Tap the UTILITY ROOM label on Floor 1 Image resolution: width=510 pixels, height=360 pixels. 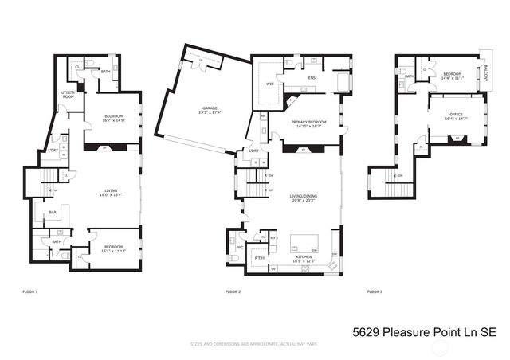[69, 94]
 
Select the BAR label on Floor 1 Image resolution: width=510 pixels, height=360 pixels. [53, 213]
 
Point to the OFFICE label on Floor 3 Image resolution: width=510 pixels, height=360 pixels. [456, 115]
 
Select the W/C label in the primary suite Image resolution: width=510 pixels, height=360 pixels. [269, 83]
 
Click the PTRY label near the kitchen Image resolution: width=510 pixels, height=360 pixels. [260, 258]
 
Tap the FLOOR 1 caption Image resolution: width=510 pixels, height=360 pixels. [30, 292]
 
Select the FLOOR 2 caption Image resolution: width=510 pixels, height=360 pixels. [233, 292]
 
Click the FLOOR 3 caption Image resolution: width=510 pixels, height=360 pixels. [375, 292]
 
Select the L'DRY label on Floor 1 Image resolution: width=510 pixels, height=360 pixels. [53, 151]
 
